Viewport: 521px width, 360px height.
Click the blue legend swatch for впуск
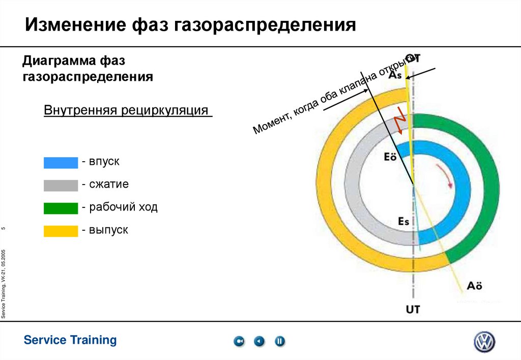(x=61, y=163)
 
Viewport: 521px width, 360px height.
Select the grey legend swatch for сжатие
(x=61, y=185)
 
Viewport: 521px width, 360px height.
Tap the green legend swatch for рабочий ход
(x=61, y=208)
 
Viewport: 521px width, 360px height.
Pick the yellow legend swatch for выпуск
(x=61, y=231)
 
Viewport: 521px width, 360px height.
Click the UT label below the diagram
(x=413, y=309)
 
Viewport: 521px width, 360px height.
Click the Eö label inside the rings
(x=390, y=157)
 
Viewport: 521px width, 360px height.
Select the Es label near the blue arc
(x=403, y=221)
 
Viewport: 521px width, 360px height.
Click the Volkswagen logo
(x=484, y=342)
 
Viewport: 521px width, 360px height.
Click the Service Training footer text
(x=70, y=340)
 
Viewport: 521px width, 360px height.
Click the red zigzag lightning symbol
(x=401, y=120)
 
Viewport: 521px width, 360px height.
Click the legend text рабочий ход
(x=123, y=207)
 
